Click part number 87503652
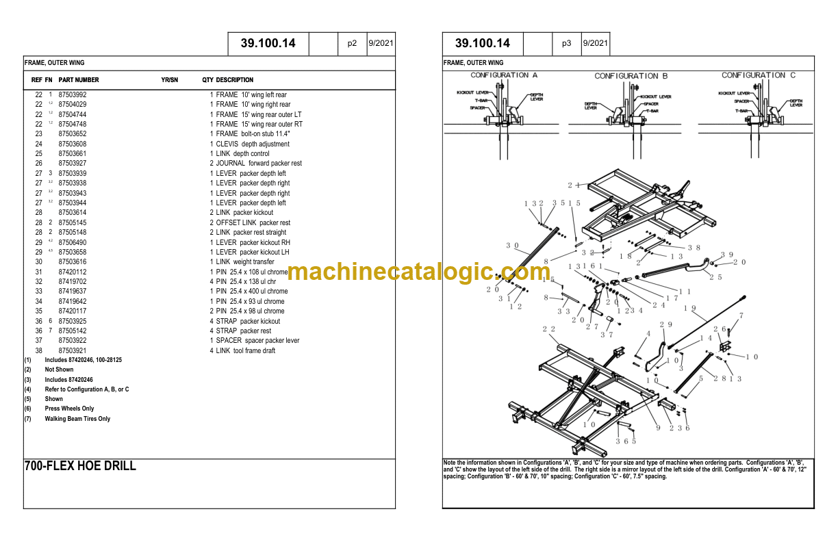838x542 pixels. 73,134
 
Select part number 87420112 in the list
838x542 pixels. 73,272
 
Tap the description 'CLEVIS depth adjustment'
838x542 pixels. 253,144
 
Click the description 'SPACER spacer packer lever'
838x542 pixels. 257,341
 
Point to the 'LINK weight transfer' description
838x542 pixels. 245,262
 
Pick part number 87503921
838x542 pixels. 73,350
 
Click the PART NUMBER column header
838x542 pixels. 79,80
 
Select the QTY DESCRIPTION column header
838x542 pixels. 227,80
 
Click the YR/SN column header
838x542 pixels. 169,80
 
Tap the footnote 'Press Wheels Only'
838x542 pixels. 69,409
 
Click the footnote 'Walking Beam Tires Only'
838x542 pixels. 77,419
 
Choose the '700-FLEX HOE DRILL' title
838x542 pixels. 80,466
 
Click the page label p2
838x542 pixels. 352,43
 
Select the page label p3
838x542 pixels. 566,43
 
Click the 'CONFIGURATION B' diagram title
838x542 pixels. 631,76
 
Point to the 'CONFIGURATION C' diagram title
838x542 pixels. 758,75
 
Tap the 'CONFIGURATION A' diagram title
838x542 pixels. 504,75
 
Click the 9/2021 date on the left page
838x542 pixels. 381,43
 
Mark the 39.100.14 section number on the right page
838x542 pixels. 483,43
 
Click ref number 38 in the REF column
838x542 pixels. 39,350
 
